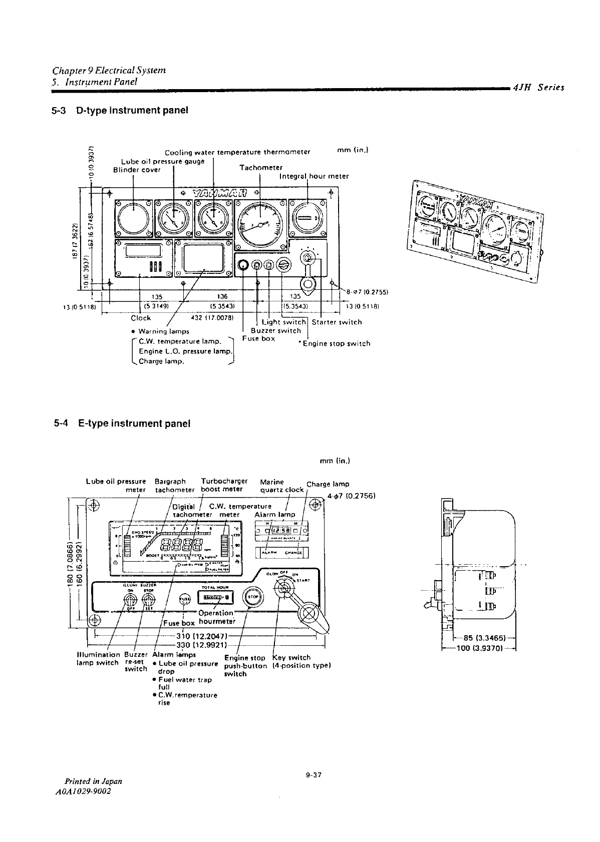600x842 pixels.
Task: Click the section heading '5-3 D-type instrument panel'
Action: pyautogui.click(x=120, y=110)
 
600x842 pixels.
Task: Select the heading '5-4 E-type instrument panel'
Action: pyautogui.click(x=122, y=424)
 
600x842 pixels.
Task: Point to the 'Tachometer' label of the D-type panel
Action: pyautogui.click(x=260, y=168)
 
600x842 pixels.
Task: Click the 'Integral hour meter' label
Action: pyautogui.click(x=314, y=176)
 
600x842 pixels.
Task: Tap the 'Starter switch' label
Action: pyautogui.click(x=337, y=322)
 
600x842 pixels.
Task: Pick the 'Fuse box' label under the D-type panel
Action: pyautogui.click(x=258, y=338)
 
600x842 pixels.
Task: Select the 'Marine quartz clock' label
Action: pyautogui.click(x=282, y=486)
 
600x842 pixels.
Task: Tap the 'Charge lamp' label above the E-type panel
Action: pyautogui.click(x=328, y=484)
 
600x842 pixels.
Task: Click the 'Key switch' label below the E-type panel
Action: pyautogui.click(x=291, y=657)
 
